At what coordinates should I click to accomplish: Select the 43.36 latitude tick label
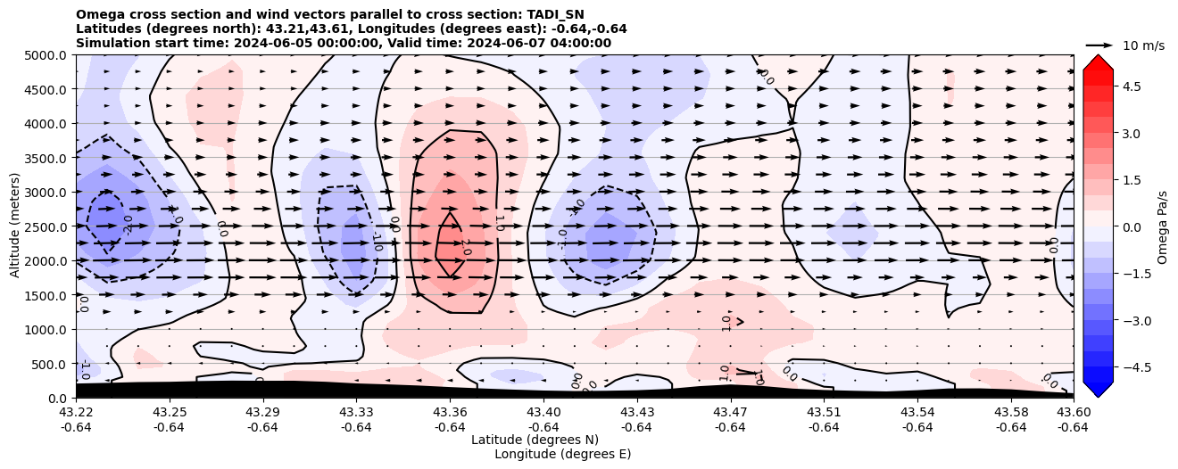tap(450, 412)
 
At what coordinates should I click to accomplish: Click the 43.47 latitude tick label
tap(730, 412)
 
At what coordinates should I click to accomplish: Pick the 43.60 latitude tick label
tap(1073, 412)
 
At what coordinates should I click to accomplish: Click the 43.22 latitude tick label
tap(76, 412)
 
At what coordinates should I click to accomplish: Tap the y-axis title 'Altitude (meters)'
tap(15, 226)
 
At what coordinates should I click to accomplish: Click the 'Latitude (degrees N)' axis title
tap(535, 440)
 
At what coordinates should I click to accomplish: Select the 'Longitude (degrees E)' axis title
tap(562, 454)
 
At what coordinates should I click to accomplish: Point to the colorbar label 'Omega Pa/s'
tap(1162, 226)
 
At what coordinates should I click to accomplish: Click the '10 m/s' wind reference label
tap(1143, 45)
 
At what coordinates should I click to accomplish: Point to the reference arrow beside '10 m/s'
tap(1099, 45)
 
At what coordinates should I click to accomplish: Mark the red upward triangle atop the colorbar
tap(1098, 62)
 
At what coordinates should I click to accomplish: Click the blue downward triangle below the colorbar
tap(1098, 390)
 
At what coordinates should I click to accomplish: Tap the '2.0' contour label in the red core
tap(465, 247)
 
